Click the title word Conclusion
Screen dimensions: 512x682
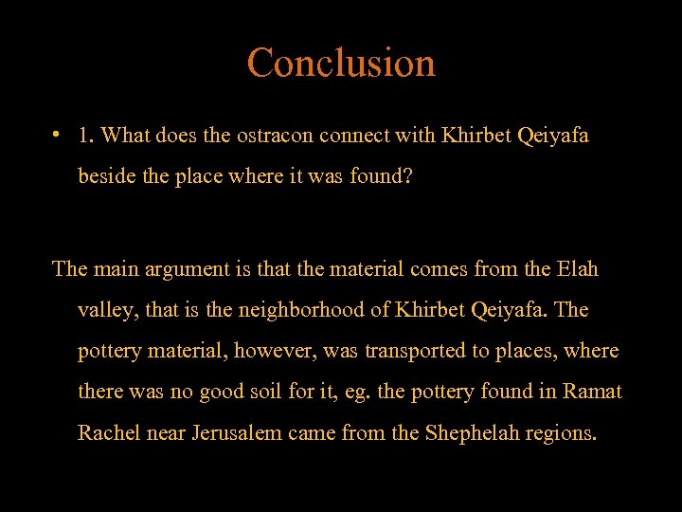(341, 63)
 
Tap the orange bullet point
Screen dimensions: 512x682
(59, 134)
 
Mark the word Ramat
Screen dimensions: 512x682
(593, 392)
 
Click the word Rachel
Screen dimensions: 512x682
(107, 433)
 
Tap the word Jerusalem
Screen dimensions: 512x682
(237, 433)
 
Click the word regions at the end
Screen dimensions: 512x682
(564, 433)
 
